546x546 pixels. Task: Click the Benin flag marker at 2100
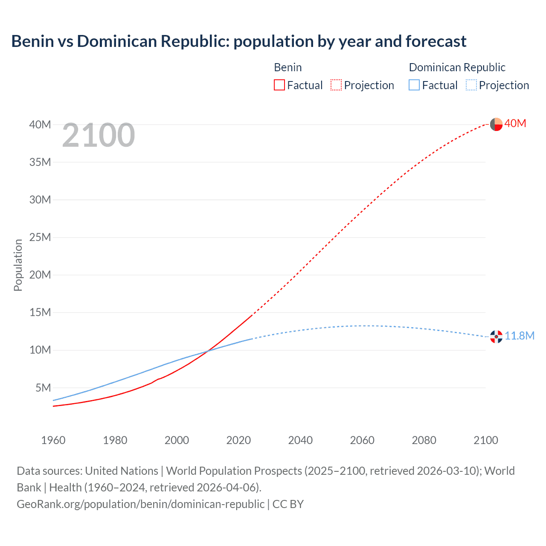tap(496, 124)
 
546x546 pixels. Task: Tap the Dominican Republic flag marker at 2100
tap(496, 337)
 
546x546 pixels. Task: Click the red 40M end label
tap(515, 123)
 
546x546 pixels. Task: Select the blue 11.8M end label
tap(520, 336)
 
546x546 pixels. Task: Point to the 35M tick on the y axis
tap(40, 162)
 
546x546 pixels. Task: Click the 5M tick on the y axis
tap(43, 388)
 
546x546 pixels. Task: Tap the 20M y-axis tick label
tap(40, 275)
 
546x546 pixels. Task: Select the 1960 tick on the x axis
tap(53, 440)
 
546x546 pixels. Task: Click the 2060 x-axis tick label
tap(362, 440)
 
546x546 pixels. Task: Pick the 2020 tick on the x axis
tap(238, 440)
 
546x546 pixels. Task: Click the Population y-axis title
tap(18, 265)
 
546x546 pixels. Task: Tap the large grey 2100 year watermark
tap(99, 135)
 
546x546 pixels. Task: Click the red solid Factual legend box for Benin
tap(279, 85)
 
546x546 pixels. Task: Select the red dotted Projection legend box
tap(336, 85)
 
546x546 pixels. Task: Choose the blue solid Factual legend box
tap(414, 85)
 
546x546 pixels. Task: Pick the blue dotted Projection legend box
tap(471, 85)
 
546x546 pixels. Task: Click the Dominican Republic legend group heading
tap(457, 67)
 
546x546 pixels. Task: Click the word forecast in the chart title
tap(436, 41)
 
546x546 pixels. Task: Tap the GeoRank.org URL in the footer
tap(140, 504)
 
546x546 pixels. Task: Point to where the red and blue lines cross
tap(207, 351)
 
